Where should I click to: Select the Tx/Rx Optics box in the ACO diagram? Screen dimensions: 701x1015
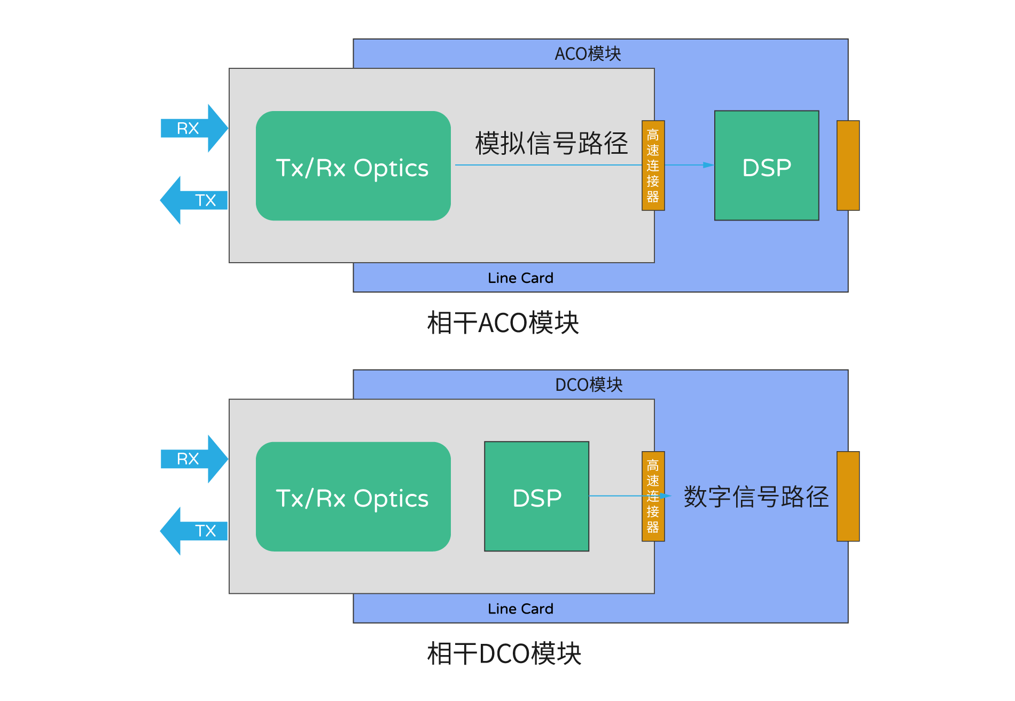pyautogui.click(x=353, y=166)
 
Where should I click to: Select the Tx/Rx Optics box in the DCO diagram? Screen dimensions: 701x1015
pyautogui.click(x=353, y=497)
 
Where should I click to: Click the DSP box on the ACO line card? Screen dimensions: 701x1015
pyautogui.click(x=767, y=166)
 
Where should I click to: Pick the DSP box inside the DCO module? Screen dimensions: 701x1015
pyautogui.click(x=536, y=497)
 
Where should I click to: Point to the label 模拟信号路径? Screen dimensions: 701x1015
pyautogui.click(x=551, y=144)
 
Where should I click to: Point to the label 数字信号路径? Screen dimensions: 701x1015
pyautogui.click(x=756, y=497)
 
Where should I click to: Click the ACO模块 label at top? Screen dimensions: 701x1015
pyautogui.click(x=588, y=54)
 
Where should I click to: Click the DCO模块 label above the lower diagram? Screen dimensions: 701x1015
pyautogui.click(x=589, y=385)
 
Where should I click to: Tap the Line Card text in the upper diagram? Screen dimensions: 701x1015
pyautogui.click(x=520, y=278)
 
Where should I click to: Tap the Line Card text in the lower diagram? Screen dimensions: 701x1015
pyautogui.click(x=520, y=609)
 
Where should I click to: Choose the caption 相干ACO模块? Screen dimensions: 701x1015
pyautogui.click(x=503, y=323)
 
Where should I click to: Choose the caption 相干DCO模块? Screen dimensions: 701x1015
pyautogui.click(x=504, y=653)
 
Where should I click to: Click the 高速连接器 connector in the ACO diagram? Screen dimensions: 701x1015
pyautogui.click(x=653, y=166)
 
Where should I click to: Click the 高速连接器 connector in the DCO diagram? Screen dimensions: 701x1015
pyautogui.click(x=653, y=497)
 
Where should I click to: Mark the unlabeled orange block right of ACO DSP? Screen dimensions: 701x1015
pyautogui.click(x=848, y=166)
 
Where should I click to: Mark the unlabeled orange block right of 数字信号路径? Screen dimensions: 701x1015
pyautogui.click(x=848, y=497)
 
